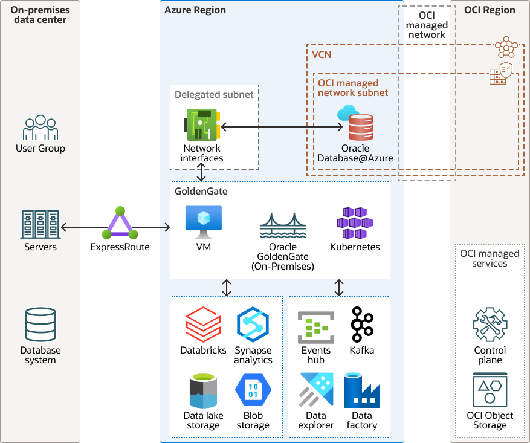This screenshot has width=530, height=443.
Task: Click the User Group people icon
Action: click(x=40, y=128)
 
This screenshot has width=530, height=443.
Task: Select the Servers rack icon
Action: click(x=40, y=224)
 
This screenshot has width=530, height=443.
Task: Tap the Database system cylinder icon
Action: click(x=40, y=325)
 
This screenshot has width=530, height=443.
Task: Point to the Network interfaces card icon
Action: click(x=202, y=125)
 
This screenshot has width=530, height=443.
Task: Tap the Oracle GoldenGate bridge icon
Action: click(x=283, y=227)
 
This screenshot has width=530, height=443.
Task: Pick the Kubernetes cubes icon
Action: click(x=355, y=222)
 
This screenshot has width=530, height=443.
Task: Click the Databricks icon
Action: click(x=203, y=325)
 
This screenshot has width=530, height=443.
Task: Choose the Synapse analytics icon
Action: click(x=253, y=325)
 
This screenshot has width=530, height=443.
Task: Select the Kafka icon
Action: click(x=361, y=325)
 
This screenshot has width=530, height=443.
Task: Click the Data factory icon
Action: click(x=361, y=390)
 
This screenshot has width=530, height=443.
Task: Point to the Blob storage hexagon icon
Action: click(x=253, y=390)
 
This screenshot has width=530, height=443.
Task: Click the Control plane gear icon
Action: click(x=490, y=325)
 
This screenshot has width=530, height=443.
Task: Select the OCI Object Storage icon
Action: click(x=490, y=390)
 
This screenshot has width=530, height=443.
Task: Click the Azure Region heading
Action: click(x=195, y=10)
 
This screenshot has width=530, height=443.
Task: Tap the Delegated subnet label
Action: click(x=214, y=94)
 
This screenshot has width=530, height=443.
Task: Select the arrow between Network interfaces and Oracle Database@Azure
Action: click(x=282, y=127)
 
